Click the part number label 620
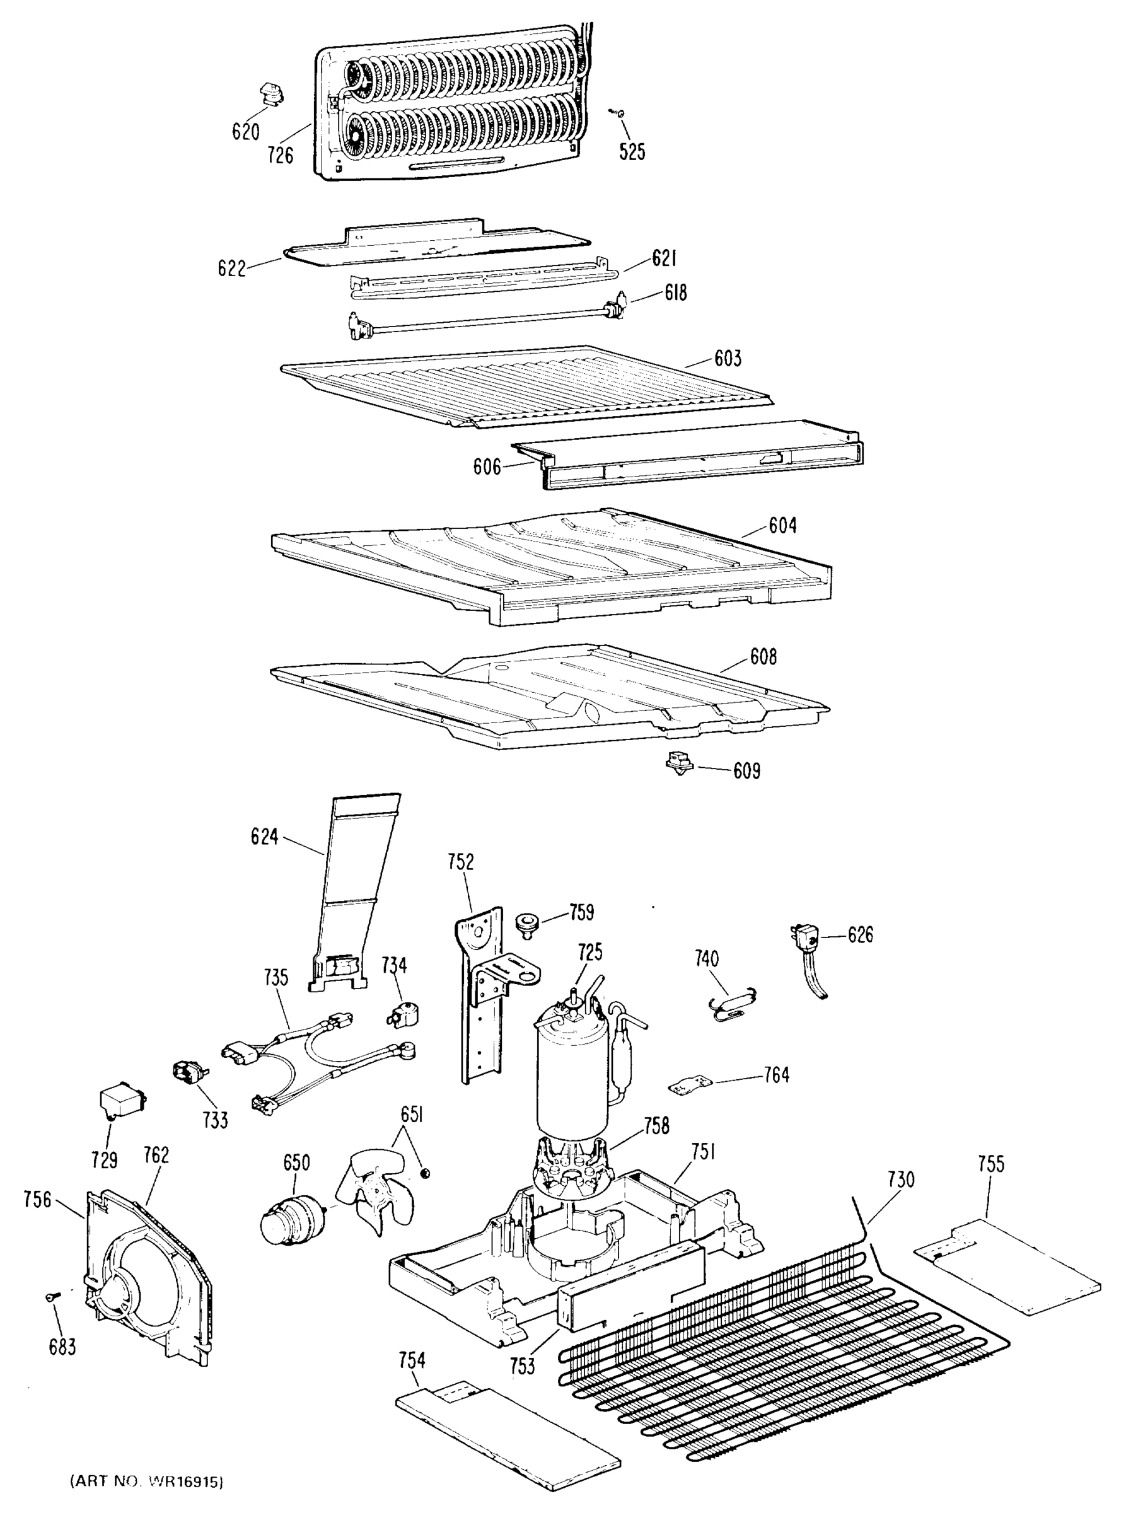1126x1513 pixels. tap(245, 131)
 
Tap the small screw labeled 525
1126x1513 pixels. tap(620, 113)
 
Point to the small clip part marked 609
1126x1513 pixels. tap(679, 763)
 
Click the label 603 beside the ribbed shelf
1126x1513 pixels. tap(728, 358)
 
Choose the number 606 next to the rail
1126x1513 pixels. tap(487, 467)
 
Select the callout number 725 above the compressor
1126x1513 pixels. tap(589, 952)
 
